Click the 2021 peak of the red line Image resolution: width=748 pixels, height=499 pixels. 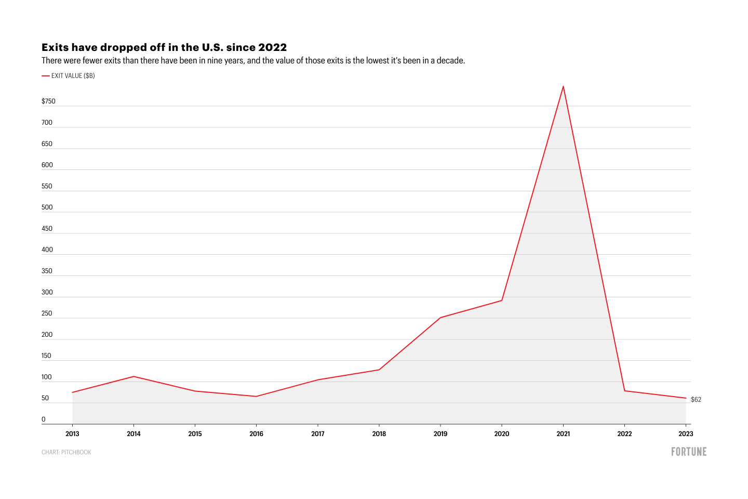point(563,86)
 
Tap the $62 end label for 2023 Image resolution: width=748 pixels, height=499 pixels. point(696,400)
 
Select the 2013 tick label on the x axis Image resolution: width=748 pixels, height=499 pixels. point(72,434)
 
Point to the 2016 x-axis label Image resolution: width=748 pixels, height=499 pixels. point(256,434)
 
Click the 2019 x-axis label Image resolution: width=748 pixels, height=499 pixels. point(440,434)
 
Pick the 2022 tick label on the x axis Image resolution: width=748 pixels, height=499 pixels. point(624,434)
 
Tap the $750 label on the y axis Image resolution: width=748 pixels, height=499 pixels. point(48,101)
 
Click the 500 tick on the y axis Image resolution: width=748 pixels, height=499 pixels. point(47,207)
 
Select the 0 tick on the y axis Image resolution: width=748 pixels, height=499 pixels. point(44,419)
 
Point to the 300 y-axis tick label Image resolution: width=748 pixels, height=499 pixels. point(47,292)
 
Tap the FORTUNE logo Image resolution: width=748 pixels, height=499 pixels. point(689,452)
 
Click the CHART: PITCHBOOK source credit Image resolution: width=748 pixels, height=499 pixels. point(66,452)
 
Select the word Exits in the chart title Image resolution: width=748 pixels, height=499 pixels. point(55,47)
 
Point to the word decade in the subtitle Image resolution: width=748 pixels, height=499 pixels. point(450,61)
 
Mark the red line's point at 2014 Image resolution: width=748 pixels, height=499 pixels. point(133,376)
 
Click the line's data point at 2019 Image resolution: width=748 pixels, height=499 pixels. point(440,318)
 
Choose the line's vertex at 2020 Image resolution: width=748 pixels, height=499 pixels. point(502,300)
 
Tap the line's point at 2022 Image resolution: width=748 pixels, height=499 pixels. point(624,391)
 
